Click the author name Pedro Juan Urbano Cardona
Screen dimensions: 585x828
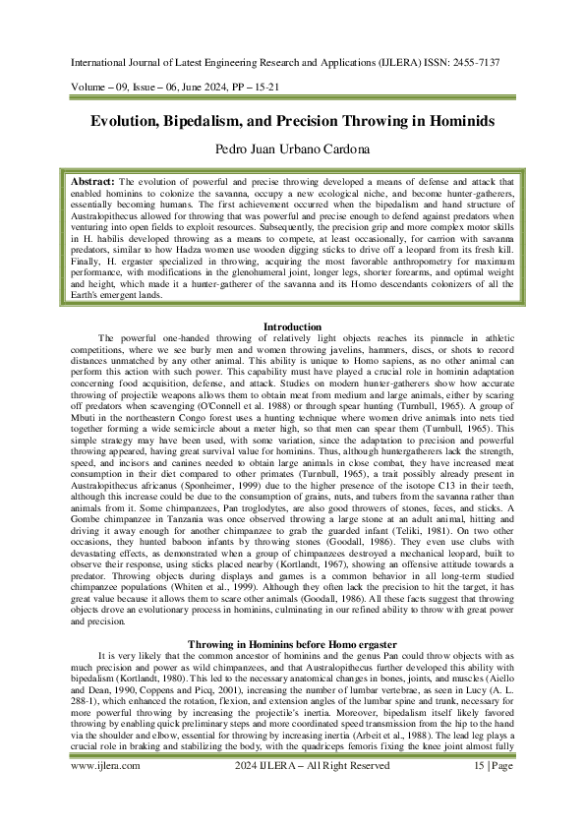pos(292,151)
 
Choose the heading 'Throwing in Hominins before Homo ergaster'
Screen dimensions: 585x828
pos(292,589)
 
